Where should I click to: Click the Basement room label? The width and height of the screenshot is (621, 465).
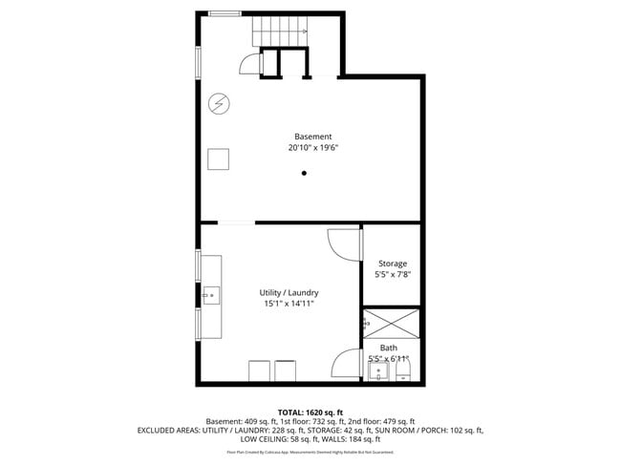[312, 137]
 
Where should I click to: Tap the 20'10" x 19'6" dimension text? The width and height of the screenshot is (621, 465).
[312, 148]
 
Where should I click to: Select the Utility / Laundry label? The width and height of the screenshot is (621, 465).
[289, 292]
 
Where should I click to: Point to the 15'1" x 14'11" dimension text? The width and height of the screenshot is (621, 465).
[289, 304]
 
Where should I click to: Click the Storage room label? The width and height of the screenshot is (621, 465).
[392, 264]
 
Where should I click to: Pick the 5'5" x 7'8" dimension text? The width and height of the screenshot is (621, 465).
[392, 275]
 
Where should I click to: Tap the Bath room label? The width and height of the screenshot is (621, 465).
[389, 348]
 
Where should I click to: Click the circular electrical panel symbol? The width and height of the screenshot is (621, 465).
[219, 102]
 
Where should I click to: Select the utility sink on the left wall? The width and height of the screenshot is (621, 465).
[210, 292]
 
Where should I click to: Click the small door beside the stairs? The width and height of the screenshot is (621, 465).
[249, 64]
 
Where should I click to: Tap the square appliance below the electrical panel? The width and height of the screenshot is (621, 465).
[220, 159]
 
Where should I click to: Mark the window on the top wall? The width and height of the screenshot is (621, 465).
[225, 12]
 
